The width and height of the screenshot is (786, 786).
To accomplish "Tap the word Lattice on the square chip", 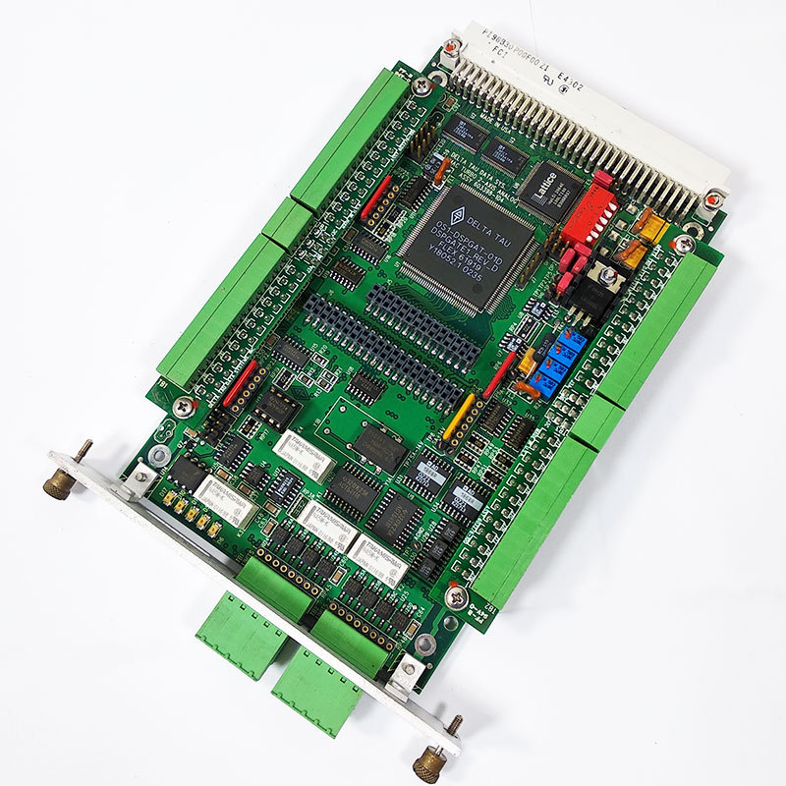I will click(546, 184).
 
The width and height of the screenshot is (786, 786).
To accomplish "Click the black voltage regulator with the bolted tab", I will click(601, 285).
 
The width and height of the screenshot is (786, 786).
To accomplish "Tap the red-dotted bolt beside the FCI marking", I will click(452, 45).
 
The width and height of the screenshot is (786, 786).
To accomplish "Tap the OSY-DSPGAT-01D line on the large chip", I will click(478, 240).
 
